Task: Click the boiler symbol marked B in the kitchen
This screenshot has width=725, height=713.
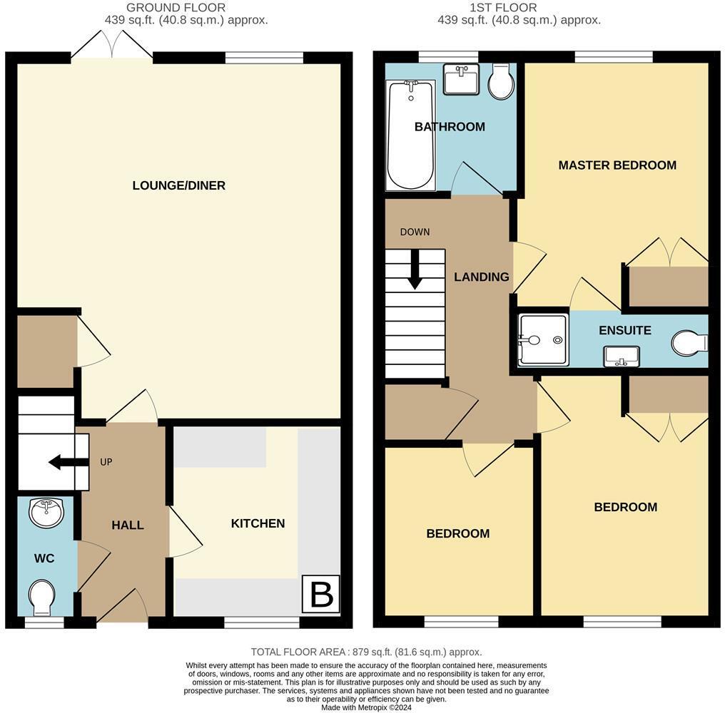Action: click(321, 594)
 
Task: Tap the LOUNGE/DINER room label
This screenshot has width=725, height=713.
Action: click(179, 185)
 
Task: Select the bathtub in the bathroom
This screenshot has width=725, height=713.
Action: click(411, 135)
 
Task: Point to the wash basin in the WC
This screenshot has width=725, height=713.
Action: click(46, 512)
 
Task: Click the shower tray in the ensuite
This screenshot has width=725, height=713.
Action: click(543, 339)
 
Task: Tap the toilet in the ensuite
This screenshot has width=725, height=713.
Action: click(689, 342)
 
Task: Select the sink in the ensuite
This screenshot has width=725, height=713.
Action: click(620, 355)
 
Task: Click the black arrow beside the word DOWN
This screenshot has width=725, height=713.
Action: click(415, 273)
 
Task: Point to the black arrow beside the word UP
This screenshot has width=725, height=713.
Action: click(65, 462)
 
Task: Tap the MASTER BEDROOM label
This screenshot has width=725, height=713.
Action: click(617, 165)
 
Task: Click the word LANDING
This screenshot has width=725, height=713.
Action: click(482, 277)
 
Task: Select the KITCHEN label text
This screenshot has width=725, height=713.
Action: click(258, 523)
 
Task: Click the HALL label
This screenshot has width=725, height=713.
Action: click(128, 525)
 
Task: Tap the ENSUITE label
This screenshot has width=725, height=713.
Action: click(624, 330)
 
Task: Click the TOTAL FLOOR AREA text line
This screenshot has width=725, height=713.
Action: click(366, 652)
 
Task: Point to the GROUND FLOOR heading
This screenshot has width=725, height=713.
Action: click(176, 8)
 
